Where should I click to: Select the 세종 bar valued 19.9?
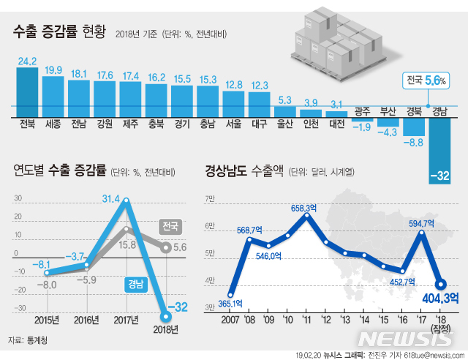click(53, 91)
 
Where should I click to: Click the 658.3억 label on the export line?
click(303, 209)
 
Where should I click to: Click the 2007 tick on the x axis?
click(231, 320)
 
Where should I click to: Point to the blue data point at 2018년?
click(167, 316)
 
